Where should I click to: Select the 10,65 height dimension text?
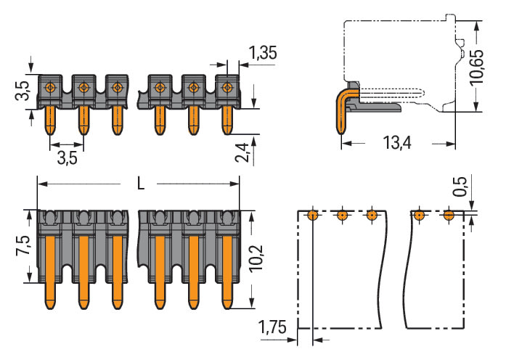[477, 68]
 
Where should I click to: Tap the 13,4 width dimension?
[396, 142]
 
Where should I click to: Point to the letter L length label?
[140, 184]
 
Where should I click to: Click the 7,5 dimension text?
[23, 246]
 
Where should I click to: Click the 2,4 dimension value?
[245, 153]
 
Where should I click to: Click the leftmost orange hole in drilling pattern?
[311, 214]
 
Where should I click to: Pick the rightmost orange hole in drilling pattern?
[449, 214]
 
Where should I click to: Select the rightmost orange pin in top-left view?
[227, 120]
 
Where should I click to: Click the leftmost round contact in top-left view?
[50, 88]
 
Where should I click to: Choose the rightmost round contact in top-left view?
[227, 88]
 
